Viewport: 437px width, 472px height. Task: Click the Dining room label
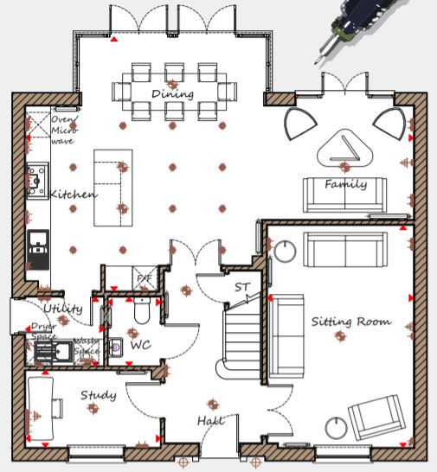[173, 94]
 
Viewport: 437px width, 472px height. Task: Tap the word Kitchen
[74, 195]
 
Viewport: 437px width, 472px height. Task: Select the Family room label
[346, 184]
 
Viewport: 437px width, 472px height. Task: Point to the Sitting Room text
[351, 322]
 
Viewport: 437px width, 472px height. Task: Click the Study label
[99, 395]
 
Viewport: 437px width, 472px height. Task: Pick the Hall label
[211, 420]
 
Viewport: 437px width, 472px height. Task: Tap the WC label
[141, 345]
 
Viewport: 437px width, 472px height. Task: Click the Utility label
[63, 309]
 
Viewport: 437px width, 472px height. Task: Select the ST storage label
[242, 287]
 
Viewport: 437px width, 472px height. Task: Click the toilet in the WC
[142, 310]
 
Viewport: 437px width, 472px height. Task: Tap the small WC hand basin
[115, 348]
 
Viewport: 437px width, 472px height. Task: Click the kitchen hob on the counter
[38, 181]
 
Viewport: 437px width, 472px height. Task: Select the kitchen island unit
[113, 188]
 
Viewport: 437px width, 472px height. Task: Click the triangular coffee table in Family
[344, 149]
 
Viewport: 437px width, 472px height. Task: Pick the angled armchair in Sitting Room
[376, 418]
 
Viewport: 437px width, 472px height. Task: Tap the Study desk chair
[57, 409]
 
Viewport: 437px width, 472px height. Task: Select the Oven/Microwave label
[65, 130]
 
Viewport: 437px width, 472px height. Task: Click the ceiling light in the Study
[93, 409]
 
